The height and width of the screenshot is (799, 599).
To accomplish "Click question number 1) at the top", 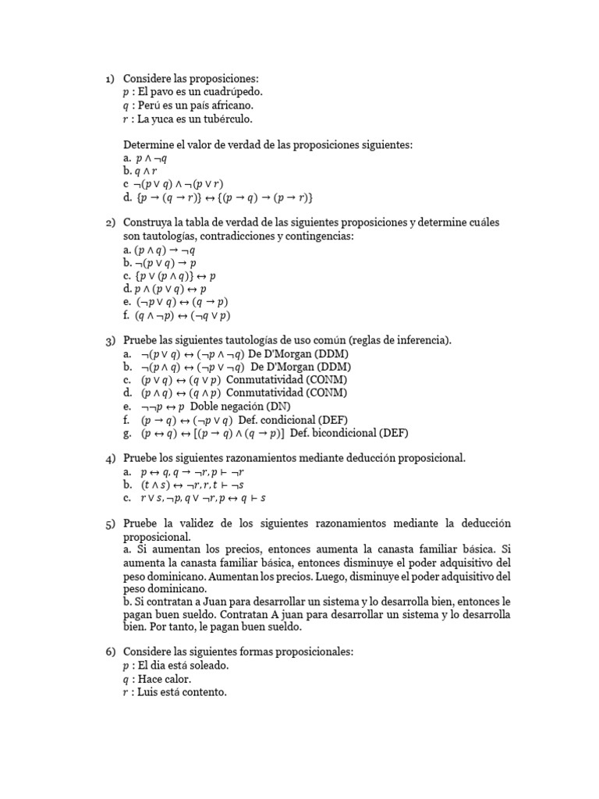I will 110,79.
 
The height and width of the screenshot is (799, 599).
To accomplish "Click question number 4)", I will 110,459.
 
